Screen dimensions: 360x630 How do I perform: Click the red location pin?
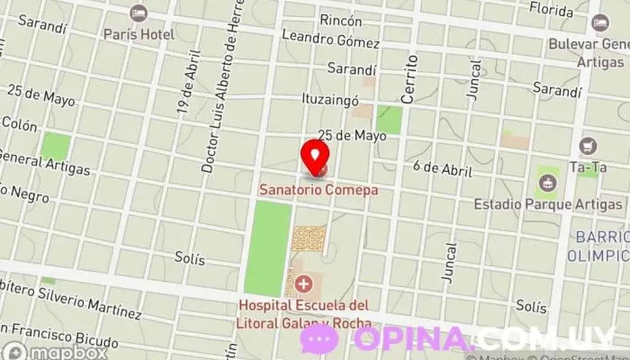pyautogui.click(x=315, y=157)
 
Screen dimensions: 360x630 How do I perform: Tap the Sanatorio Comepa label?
pyautogui.click(x=318, y=191)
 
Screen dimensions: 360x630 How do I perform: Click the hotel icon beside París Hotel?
pyautogui.click(x=137, y=13)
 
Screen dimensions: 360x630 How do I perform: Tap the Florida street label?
pyautogui.click(x=551, y=10)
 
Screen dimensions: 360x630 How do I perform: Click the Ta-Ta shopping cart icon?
pyautogui.click(x=589, y=145)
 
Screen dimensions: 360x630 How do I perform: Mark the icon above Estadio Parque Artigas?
pyautogui.click(x=546, y=184)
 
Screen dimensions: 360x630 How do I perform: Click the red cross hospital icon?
pyautogui.click(x=303, y=286)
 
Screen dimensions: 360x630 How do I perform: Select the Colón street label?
pyautogui.click(x=22, y=126)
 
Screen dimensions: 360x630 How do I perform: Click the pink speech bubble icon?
pyautogui.click(x=319, y=339)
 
